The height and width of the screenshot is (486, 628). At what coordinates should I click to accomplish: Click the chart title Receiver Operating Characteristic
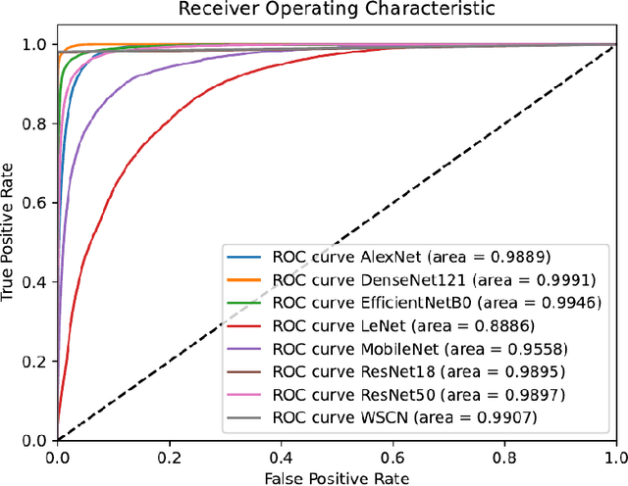pos(337,10)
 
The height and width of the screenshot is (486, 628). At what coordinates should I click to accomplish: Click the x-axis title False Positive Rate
pos(336,476)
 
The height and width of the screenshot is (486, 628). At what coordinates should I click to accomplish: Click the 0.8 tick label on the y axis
pos(37,123)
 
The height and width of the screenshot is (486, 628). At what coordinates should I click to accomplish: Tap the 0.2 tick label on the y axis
pos(37,361)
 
